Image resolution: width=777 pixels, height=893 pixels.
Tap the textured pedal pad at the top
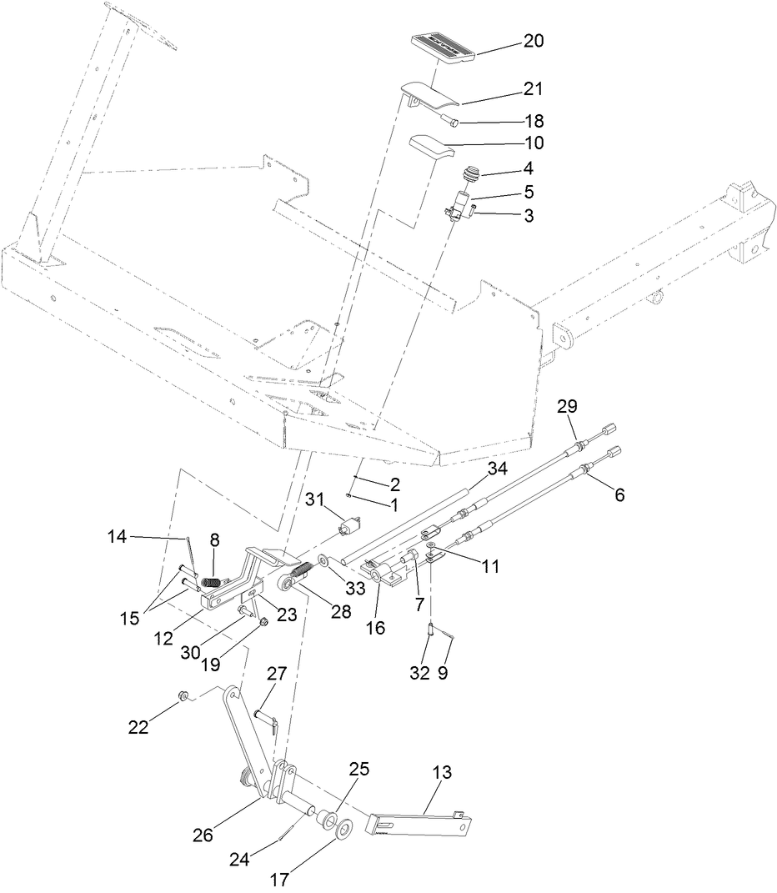click(x=443, y=47)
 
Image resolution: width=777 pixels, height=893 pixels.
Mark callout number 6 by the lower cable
click(x=619, y=495)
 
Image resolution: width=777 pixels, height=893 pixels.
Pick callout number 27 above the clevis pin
click(x=276, y=672)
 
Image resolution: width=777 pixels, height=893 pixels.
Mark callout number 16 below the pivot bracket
click(x=375, y=628)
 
